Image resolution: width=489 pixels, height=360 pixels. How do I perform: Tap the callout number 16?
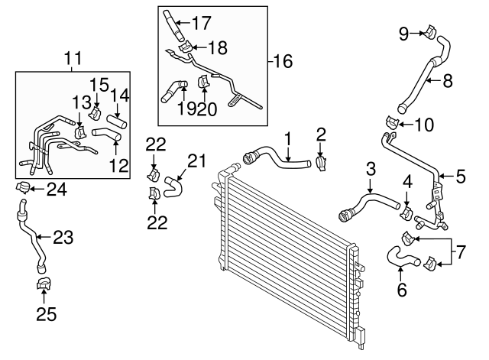click(x=283, y=60)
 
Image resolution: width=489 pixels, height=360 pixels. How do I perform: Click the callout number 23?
click(x=63, y=238)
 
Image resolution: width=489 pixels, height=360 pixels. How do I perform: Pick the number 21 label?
click(x=197, y=161)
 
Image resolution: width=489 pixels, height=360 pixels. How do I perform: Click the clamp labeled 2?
click(x=321, y=162)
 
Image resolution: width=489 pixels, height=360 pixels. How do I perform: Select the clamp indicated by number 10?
click(x=391, y=122)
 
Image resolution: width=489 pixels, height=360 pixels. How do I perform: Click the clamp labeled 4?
click(x=406, y=209)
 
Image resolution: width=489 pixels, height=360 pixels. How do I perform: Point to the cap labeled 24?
click(x=24, y=188)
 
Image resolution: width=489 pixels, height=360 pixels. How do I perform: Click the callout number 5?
click(x=460, y=177)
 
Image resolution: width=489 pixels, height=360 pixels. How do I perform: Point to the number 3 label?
click(x=370, y=168)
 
